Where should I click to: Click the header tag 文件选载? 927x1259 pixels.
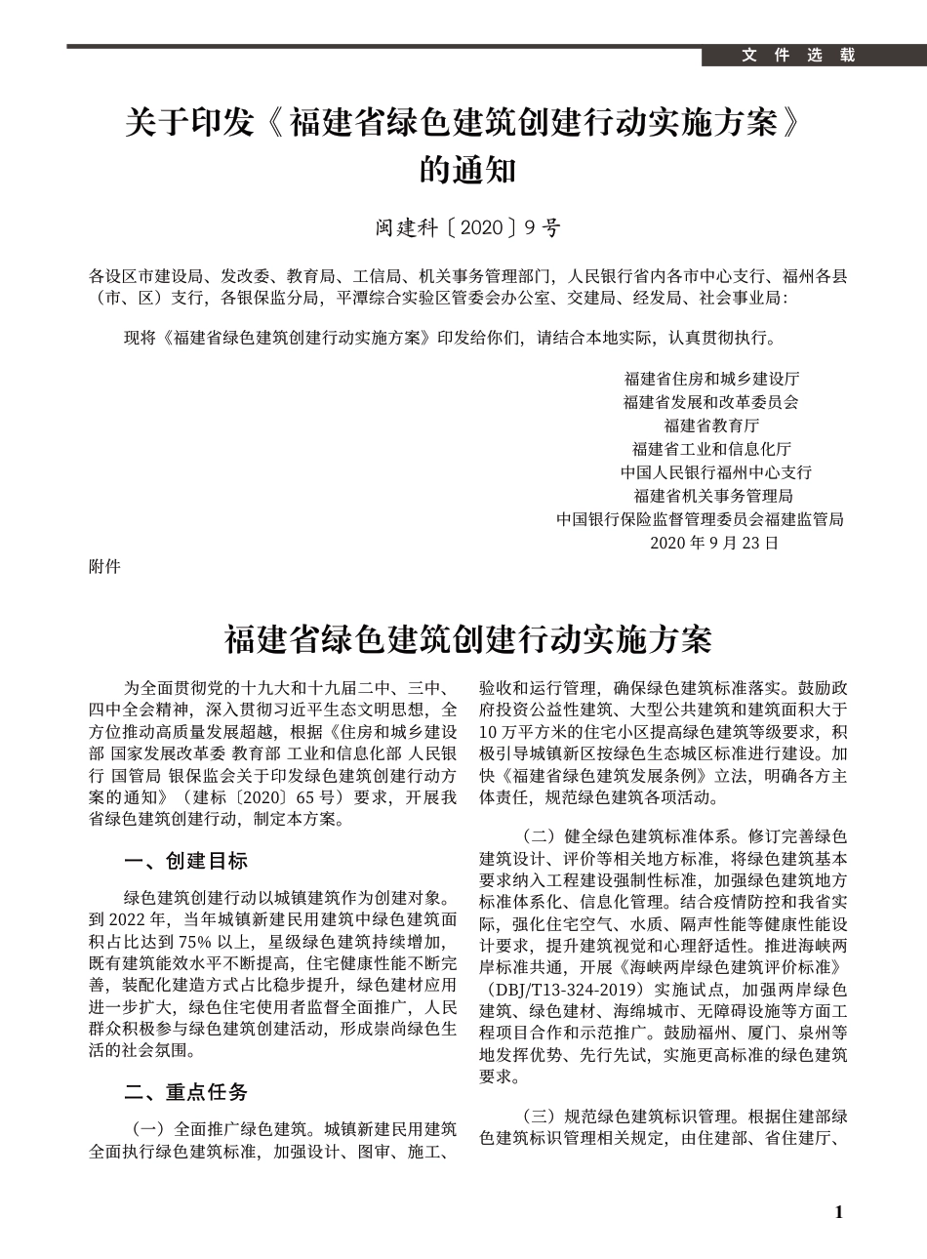tap(797, 56)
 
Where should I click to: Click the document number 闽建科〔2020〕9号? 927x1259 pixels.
tap(468, 228)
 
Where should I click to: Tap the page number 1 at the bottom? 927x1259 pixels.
tap(838, 1212)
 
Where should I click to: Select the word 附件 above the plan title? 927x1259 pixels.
tap(104, 566)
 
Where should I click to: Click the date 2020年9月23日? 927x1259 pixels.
tap(713, 543)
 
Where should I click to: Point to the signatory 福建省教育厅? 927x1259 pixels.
tap(711, 426)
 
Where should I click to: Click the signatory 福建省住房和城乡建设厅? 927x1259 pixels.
tap(711, 379)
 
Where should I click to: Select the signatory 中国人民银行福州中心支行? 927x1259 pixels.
tap(715, 472)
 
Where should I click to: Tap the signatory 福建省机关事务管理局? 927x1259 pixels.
tap(713, 496)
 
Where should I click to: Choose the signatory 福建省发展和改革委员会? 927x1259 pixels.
tap(711, 402)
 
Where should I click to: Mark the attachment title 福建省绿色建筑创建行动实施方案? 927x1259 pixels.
tap(468, 641)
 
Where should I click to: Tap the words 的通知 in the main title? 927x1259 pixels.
tap(467, 172)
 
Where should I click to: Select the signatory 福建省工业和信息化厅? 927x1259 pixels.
tap(711, 449)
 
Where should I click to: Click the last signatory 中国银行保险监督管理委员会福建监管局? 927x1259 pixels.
tap(700, 519)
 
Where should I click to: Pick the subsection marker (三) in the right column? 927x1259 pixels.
tap(539, 1116)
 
